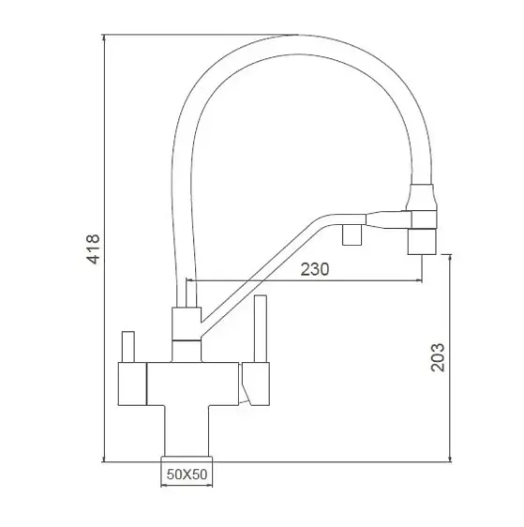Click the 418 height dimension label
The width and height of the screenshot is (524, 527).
coord(93,249)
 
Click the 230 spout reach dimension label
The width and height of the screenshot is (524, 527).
coord(315,269)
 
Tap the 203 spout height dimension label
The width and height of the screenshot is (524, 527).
coord(438,357)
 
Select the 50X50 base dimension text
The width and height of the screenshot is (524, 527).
coord(187,474)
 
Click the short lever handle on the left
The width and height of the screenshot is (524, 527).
coord(128,347)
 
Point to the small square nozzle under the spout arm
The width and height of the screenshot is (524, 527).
coord(352,234)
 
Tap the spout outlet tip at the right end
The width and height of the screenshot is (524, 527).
coord(422,241)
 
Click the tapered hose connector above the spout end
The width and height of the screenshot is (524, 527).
coord(422,197)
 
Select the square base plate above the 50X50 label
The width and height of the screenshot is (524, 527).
coord(187,459)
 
